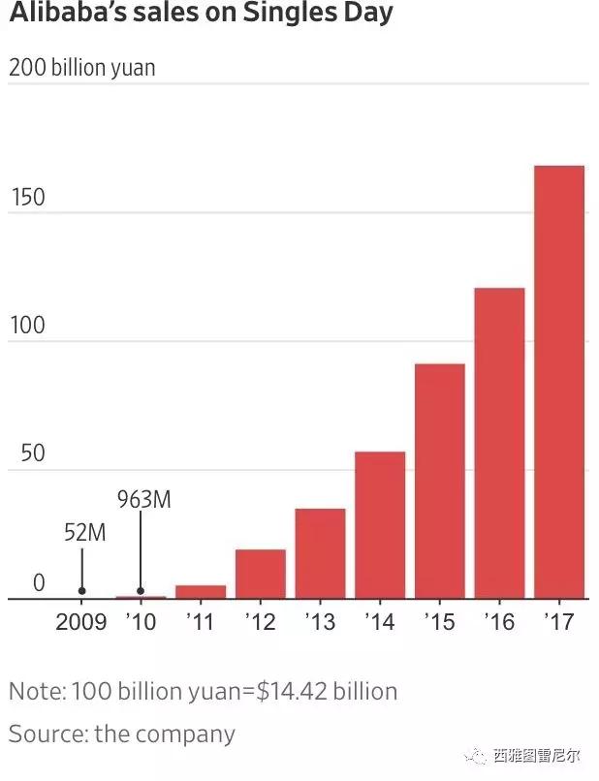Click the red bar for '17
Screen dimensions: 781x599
point(559,382)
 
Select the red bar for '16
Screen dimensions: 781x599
point(499,443)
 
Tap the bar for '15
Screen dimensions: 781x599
point(439,481)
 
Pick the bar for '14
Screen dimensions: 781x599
point(379,524)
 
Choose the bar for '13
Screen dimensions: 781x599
point(320,553)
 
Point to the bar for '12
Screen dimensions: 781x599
point(260,574)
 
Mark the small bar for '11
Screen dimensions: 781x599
point(201,591)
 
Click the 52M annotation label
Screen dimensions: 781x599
point(83,533)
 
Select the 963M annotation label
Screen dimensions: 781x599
point(143,500)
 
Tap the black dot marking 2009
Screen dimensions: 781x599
point(81,591)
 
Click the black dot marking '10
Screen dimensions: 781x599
point(141,591)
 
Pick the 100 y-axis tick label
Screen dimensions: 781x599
point(26,326)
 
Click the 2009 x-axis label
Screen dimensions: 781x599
point(80,621)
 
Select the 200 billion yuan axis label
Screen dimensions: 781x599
point(82,69)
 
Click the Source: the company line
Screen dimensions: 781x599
point(122,733)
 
